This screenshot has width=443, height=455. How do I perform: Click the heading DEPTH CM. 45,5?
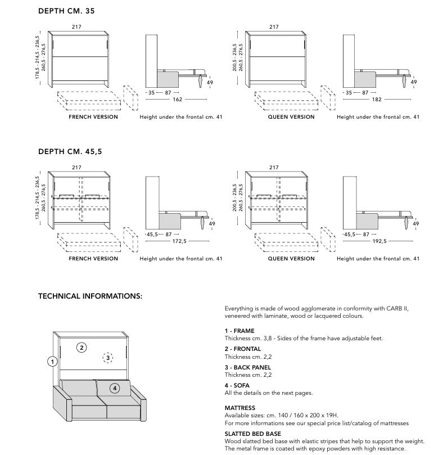pos(70,151)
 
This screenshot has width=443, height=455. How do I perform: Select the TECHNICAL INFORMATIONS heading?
pos(90,295)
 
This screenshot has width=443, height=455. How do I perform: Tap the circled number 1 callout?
pos(52,362)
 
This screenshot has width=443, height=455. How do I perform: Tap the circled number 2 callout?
pos(82,348)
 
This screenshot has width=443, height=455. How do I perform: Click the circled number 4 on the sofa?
pos(115,388)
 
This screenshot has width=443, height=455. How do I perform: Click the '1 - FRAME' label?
pos(239,331)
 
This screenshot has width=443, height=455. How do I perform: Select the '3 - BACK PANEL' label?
pos(247,367)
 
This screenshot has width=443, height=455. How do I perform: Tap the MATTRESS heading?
pos(240,408)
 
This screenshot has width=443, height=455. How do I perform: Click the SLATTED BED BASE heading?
pos(252,434)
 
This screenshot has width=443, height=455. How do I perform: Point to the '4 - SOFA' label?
pos(237,385)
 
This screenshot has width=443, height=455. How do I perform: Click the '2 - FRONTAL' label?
pos(243,349)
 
